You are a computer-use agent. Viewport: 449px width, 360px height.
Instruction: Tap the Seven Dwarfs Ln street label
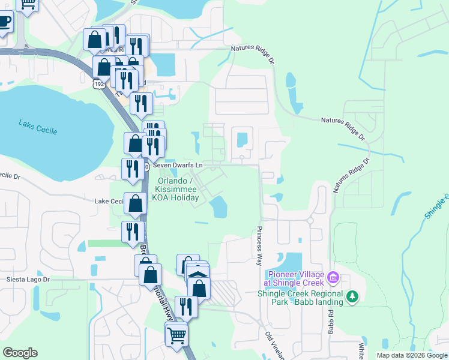pyautogui.click(x=178, y=164)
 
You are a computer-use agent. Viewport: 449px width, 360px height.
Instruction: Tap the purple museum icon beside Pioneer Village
pyautogui.click(x=334, y=278)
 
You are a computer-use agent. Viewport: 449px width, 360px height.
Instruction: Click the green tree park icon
pyautogui.click(x=353, y=295)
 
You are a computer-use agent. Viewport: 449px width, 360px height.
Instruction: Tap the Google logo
pyautogui.click(x=20, y=353)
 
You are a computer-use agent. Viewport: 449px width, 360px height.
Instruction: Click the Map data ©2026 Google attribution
pyautogui.click(x=411, y=355)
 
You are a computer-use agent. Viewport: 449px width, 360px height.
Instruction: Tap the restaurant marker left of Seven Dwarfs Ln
pyautogui.click(x=132, y=169)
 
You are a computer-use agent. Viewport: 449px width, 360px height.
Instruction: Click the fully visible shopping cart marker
pyautogui.click(x=176, y=334)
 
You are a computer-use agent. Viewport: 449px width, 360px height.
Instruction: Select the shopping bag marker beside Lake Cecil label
pyautogui.click(x=135, y=203)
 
